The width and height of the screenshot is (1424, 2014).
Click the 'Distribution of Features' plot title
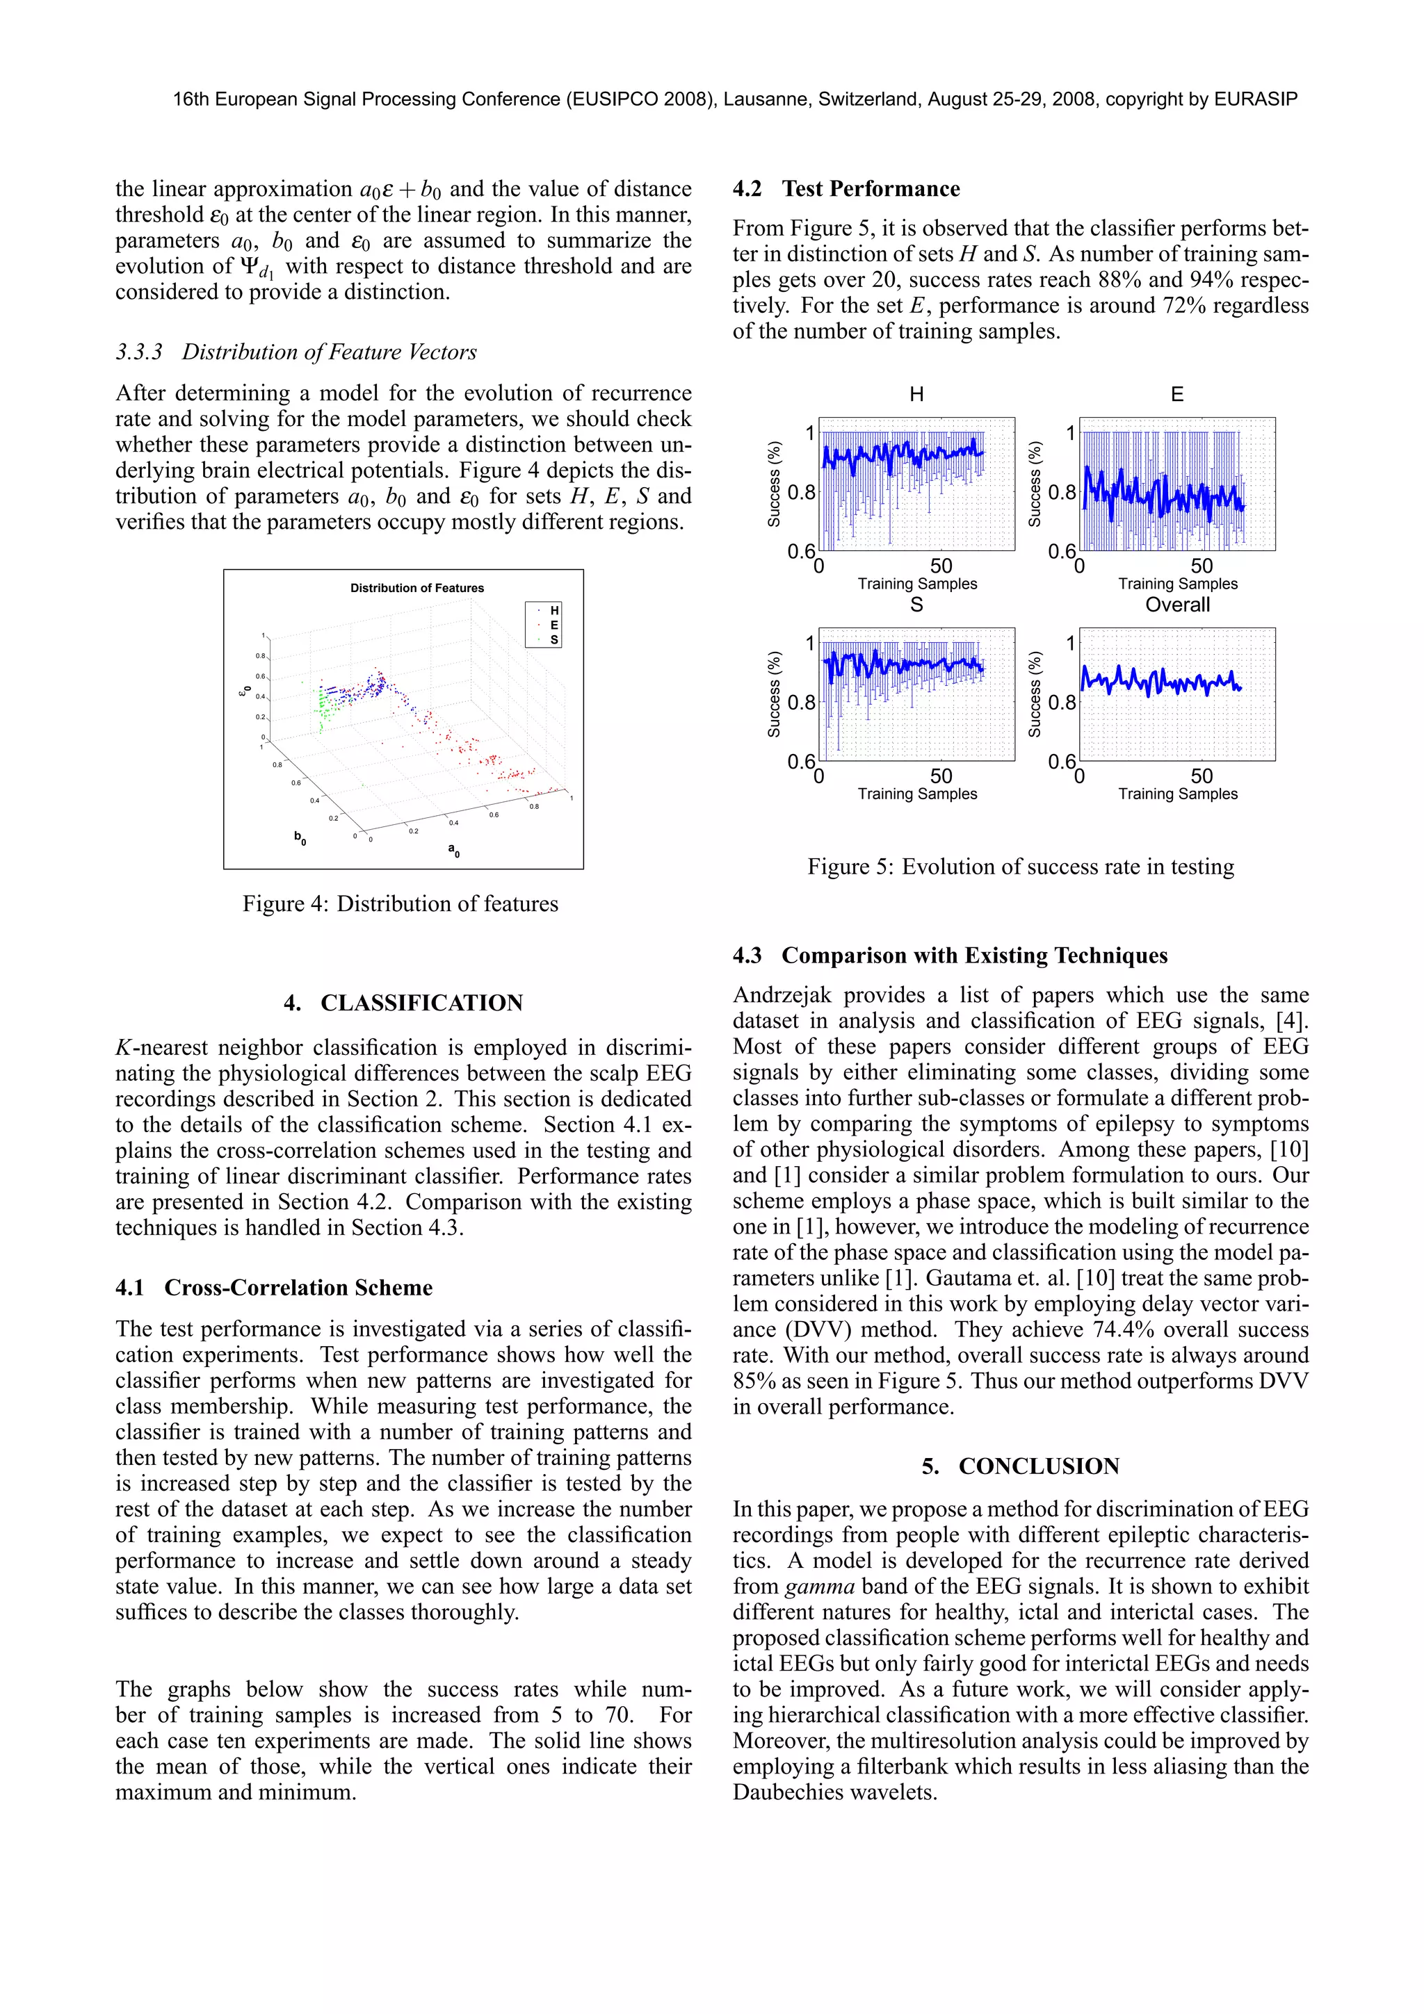(416, 588)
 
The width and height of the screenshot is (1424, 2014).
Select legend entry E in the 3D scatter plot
(553, 625)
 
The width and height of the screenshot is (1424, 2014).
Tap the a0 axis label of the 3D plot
(453, 849)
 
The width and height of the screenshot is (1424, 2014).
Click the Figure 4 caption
(400, 903)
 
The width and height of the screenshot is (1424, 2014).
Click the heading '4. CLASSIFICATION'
(403, 1003)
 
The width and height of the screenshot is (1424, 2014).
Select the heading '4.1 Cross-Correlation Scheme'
(274, 1288)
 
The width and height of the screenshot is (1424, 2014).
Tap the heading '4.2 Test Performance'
(845, 188)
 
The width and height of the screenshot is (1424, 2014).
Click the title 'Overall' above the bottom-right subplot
(1176, 605)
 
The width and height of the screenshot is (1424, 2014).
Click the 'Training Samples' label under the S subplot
(917, 794)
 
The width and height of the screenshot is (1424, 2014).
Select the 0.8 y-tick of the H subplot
(801, 492)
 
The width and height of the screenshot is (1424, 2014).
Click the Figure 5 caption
(1021, 867)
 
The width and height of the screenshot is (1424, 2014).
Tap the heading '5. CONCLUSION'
(1021, 1466)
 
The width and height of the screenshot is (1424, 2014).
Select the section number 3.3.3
(138, 352)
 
